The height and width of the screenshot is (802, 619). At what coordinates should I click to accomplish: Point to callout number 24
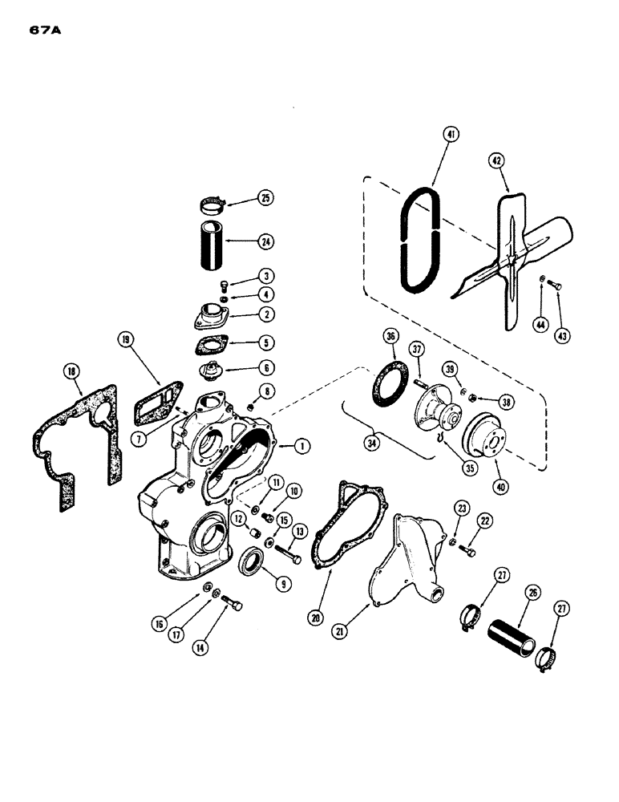tap(265, 239)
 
